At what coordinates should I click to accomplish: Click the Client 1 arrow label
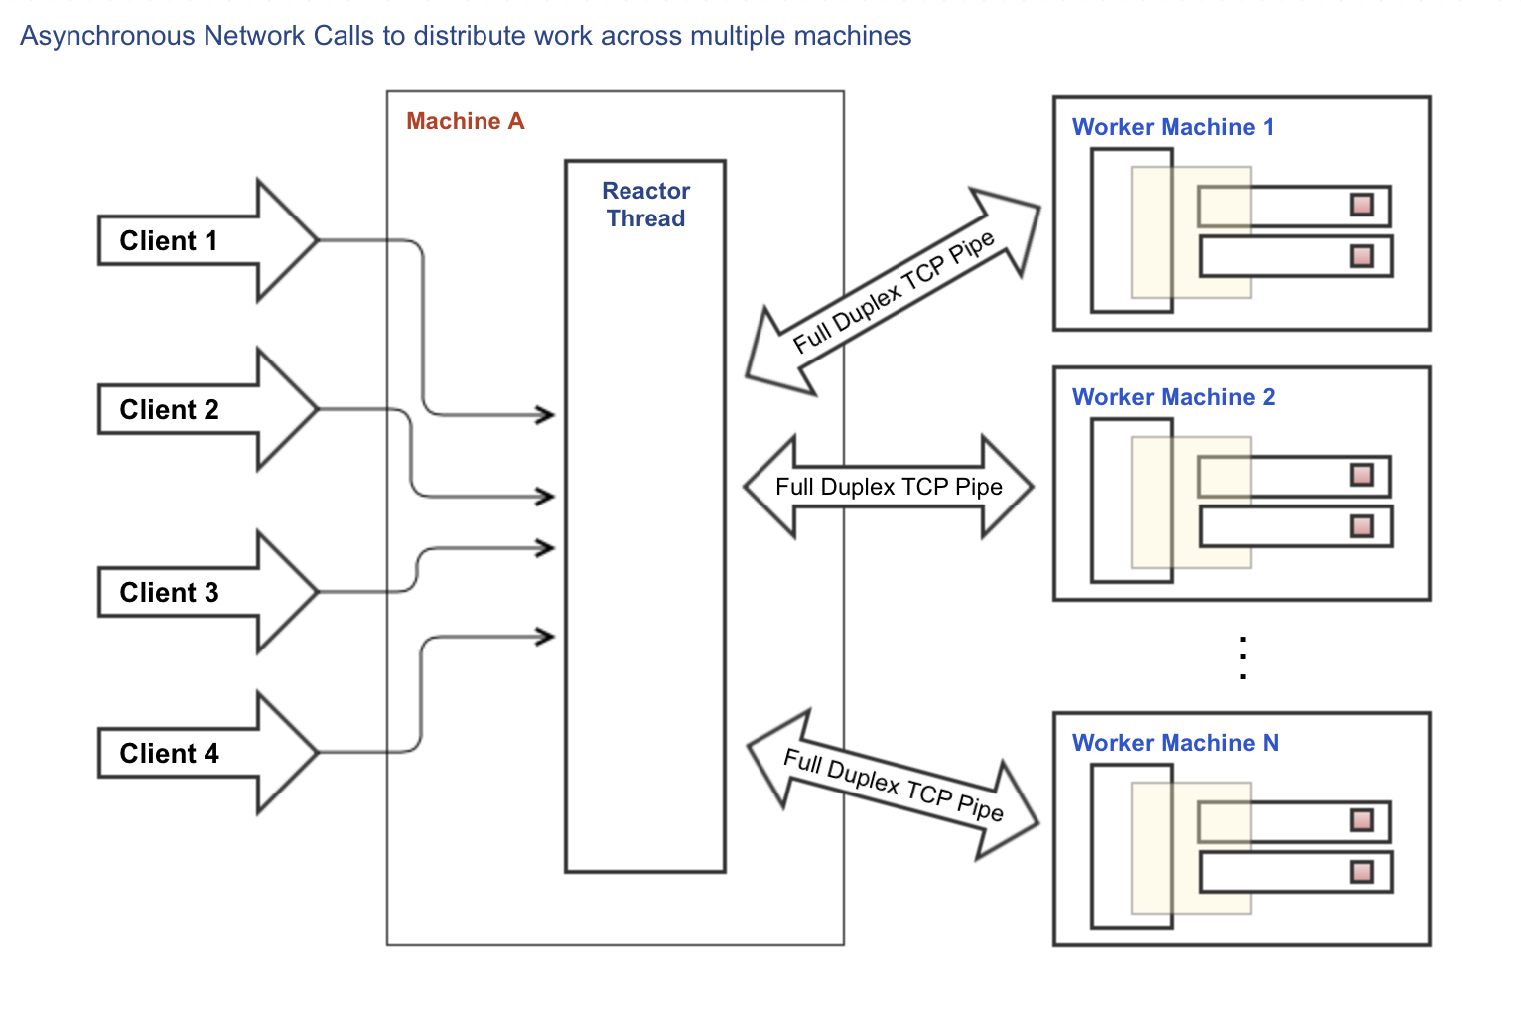click(x=168, y=241)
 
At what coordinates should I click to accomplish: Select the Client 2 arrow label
click(x=169, y=410)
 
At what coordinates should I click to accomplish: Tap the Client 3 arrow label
click(x=169, y=593)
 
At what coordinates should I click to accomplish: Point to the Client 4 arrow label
click(x=169, y=754)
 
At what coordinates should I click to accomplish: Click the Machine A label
click(x=465, y=121)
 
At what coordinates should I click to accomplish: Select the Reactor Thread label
click(x=645, y=205)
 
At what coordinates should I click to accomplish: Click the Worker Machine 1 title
click(x=1173, y=127)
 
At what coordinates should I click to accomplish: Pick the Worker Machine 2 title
click(x=1174, y=397)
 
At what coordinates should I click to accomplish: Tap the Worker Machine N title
click(x=1175, y=743)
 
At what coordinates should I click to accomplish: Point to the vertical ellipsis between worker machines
click(x=1243, y=657)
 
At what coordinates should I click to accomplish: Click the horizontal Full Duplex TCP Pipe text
click(x=889, y=487)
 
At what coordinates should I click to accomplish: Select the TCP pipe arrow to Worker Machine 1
click(x=893, y=292)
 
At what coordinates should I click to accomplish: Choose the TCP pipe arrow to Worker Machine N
click(x=893, y=786)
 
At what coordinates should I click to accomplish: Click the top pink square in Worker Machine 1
click(x=1362, y=205)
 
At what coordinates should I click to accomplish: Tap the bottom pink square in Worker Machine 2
click(x=1362, y=525)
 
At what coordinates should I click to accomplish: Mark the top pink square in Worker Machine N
click(x=1362, y=820)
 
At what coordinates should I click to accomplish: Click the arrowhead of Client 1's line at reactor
click(x=546, y=414)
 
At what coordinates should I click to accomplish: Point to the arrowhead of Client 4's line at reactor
click(x=546, y=636)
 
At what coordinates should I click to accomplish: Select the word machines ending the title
click(x=855, y=36)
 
